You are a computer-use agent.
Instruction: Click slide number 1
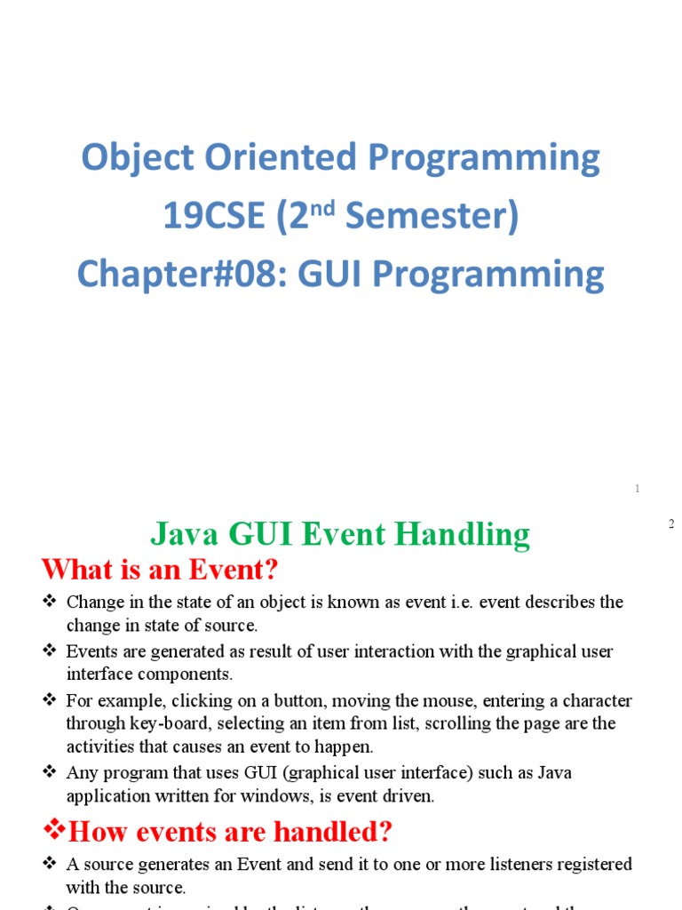638,489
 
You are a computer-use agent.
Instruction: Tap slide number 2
672,524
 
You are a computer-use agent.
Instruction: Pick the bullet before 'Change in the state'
50,603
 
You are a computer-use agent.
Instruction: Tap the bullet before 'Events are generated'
50,651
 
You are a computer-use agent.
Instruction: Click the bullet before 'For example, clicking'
50,700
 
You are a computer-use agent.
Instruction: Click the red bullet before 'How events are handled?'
54,832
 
